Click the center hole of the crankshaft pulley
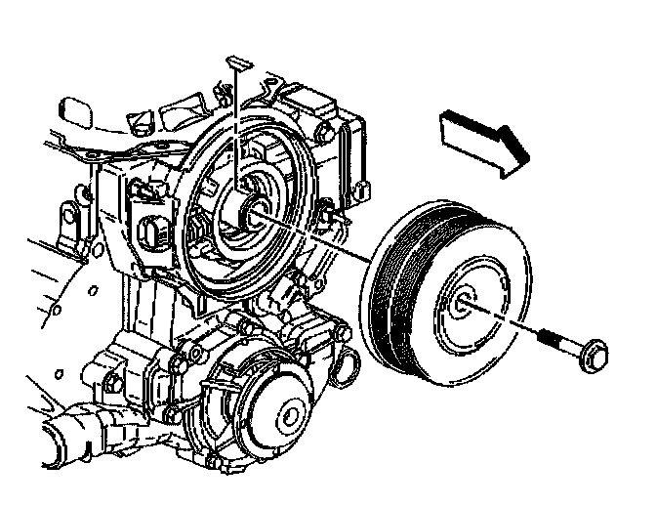(467, 304)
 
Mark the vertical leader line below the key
(237, 127)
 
